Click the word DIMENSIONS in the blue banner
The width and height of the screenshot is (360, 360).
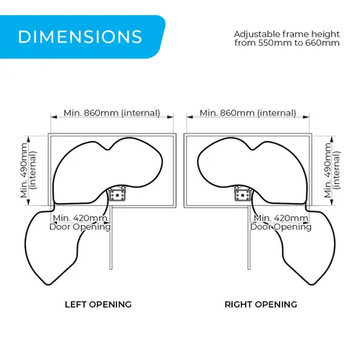(x=80, y=36)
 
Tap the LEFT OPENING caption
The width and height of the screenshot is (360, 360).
(x=98, y=304)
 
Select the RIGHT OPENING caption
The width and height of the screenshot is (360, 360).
(x=261, y=304)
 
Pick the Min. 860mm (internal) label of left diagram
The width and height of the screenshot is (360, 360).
(x=112, y=113)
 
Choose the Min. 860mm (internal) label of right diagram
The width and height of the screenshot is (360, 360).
(x=248, y=113)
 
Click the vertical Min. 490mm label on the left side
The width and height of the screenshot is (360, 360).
(x=24, y=170)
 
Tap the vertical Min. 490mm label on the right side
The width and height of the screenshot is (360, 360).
(x=328, y=170)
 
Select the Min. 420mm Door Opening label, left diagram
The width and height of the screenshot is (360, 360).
(x=80, y=222)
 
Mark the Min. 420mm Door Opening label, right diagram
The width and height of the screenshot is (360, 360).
(x=281, y=222)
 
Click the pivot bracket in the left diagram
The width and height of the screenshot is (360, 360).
(x=117, y=194)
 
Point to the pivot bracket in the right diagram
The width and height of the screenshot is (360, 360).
(x=243, y=194)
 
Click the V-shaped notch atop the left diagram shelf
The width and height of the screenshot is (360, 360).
(x=107, y=149)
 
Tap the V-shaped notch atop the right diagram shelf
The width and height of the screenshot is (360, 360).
(x=253, y=149)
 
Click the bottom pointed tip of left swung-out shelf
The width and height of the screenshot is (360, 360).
(x=49, y=285)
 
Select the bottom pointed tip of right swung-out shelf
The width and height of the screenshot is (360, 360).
(x=311, y=285)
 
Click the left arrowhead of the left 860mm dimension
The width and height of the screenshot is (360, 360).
(x=54, y=117)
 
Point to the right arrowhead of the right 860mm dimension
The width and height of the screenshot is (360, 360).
(x=306, y=117)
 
